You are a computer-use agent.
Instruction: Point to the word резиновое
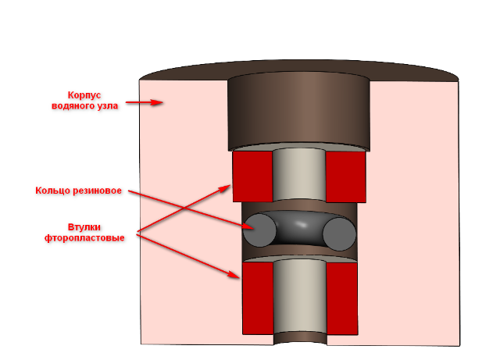click(x=99, y=190)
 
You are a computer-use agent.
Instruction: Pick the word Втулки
click(x=84, y=226)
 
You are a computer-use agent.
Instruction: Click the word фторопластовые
click(x=84, y=237)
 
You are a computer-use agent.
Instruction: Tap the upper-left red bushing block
click(x=252, y=176)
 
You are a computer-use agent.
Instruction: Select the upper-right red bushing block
click(x=345, y=176)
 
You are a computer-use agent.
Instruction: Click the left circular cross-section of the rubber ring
click(x=259, y=231)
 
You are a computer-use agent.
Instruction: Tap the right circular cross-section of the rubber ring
click(x=340, y=233)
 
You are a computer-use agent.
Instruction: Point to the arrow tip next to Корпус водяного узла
click(x=161, y=102)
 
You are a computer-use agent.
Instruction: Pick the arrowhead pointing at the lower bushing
click(x=237, y=276)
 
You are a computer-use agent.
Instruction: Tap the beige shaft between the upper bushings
click(x=298, y=176)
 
